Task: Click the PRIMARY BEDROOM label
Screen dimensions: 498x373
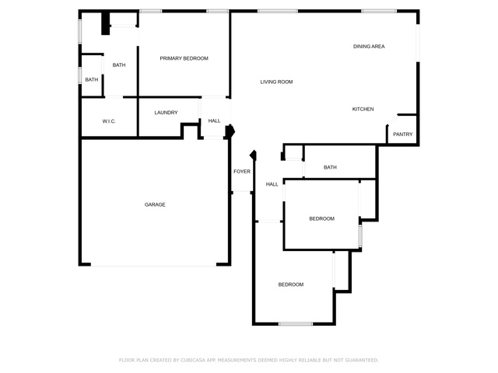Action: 184,58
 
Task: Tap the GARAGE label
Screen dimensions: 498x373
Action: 155,204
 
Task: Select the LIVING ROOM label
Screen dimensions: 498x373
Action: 276,82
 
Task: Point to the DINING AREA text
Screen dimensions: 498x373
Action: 369,47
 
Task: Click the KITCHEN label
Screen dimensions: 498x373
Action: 363,109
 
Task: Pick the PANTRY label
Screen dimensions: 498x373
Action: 403,134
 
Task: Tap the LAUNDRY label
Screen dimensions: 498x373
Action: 166,113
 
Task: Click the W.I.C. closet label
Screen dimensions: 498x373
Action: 109,121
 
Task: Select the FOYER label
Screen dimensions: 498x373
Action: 242,172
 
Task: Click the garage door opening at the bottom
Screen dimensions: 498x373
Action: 154,265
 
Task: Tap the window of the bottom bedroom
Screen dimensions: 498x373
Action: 296,324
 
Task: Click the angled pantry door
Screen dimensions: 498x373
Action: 392,120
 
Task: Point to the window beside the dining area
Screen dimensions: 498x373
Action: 418,44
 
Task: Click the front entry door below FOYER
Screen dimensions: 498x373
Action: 242,192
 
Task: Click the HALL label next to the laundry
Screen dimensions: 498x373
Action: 215,121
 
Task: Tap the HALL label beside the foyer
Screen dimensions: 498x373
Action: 272,184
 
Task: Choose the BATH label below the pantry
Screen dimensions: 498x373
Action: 330,168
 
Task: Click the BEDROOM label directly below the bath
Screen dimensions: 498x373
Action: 321,219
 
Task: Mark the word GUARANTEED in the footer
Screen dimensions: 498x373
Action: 362,360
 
